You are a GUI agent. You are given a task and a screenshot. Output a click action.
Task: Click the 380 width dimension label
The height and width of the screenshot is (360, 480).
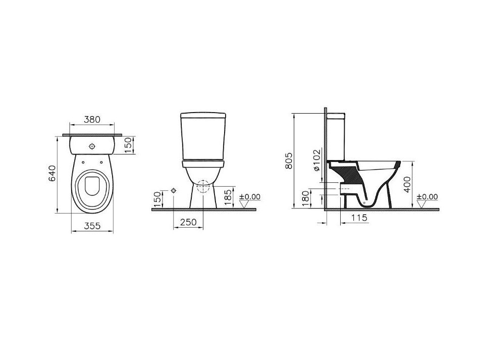point(92,119)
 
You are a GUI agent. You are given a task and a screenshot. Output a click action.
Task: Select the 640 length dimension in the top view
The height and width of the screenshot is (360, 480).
point(52,173)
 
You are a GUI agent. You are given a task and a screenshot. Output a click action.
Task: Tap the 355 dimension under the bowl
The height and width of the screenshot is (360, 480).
point(92,226)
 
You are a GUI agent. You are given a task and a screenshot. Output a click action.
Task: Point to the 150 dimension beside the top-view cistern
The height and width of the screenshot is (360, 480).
point(129,145)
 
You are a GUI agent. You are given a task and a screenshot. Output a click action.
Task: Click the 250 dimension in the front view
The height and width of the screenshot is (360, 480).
point(188,222)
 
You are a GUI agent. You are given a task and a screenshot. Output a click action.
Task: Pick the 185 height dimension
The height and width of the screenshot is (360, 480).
point(228,197)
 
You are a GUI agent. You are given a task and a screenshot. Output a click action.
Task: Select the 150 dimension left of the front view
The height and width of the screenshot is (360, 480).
point(157,199)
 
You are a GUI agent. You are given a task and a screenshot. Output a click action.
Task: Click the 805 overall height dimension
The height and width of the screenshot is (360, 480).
point(289,161)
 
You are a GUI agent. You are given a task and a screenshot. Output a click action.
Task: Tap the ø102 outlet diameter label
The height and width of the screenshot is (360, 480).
point(316,160)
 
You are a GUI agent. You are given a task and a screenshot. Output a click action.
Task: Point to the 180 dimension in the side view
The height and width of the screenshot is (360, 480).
point(305,198)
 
